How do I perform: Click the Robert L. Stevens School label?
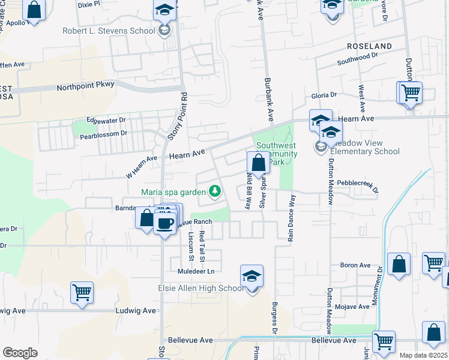(108, 31)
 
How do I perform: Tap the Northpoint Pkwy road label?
(85, 87)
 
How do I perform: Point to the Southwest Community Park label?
(277, 154)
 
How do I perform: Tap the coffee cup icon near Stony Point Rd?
(164, 222)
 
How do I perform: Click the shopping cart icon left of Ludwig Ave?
(82, 293)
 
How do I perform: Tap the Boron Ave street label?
(356, 265)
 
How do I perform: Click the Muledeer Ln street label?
(195, 271)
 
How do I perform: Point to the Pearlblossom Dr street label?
(104, 135)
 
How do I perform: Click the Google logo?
(20, 353)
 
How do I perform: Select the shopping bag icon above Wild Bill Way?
(258, 163)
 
